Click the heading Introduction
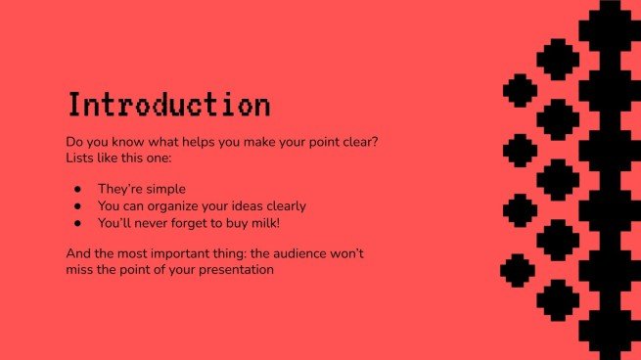click(x=168, y=105)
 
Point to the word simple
click(x=164, y=189)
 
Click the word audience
click(x=303, y=253)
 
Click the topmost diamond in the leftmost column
click(x=520, y=91)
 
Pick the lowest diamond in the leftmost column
click(x=518, y=270)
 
